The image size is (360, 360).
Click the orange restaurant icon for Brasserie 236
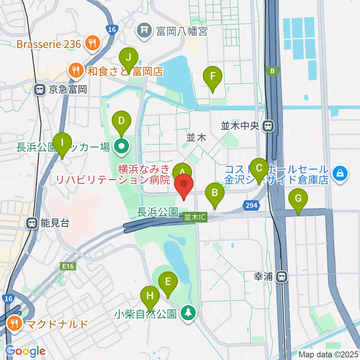(x=91, y=44)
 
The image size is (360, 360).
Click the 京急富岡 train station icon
(x=39, y=89)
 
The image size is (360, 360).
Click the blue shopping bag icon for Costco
(x=340, y=174)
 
